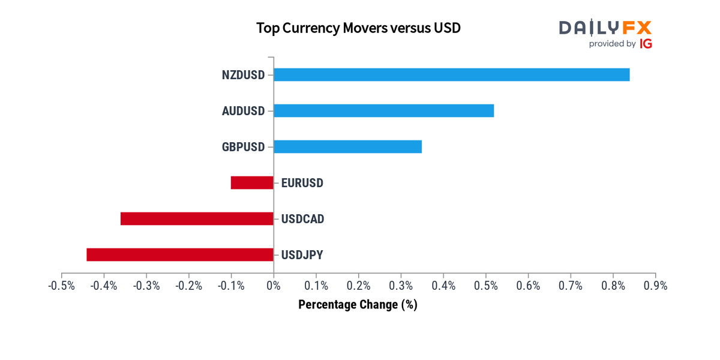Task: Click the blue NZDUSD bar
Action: [451, 74]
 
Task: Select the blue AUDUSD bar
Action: [383, 110]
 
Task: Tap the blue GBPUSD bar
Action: [347, 146]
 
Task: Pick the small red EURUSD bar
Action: [252, 182]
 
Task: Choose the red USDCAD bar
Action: [197, 218]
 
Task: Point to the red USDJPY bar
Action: [180, 254]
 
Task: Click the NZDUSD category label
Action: [242, 75]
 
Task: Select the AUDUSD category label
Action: [242, 111]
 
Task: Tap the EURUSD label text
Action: [302, 183]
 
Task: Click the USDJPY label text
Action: [302, 255]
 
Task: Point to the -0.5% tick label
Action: [62, 286]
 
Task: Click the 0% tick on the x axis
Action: [274, 286]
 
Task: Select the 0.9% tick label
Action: [655, 286]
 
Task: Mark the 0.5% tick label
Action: [485, 286]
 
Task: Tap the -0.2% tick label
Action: [189, 286]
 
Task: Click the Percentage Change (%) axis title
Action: [358, 305]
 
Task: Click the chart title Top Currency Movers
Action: [358, 28]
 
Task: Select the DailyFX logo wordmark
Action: [605, 28]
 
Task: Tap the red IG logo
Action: [646, 44]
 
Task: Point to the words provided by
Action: [612, 44]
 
